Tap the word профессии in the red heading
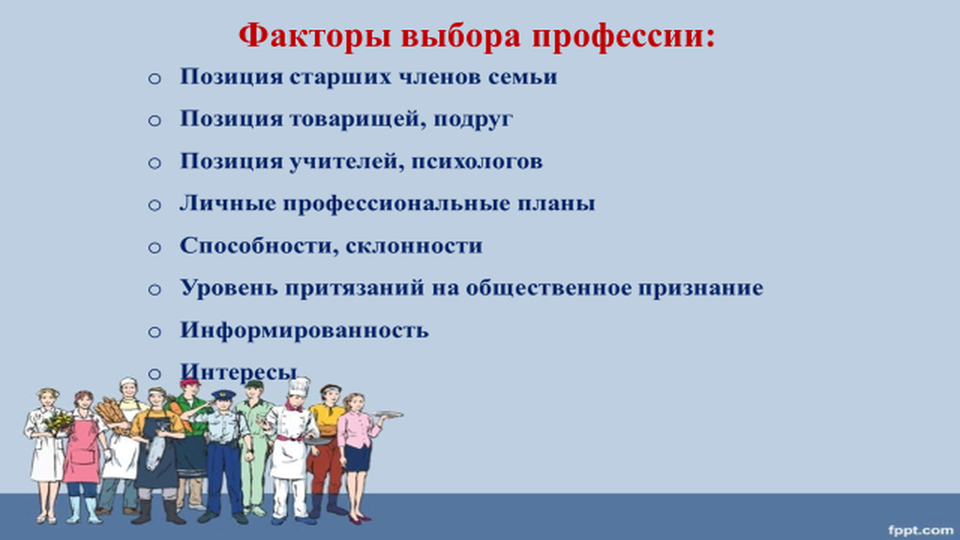(x=622, y=37)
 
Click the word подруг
(x=472, y=119)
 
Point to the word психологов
(x=476, y=161)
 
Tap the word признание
(x=700, y=288)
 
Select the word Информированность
(x=305, y=330)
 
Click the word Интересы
(x=239, y=371)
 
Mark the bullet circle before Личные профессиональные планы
(x=155, y=205)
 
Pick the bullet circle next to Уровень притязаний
(x=155, y=290)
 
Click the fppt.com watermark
(x=921, y=530)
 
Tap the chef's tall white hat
(x=299, y=387)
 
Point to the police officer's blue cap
(x=223, y=395)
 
